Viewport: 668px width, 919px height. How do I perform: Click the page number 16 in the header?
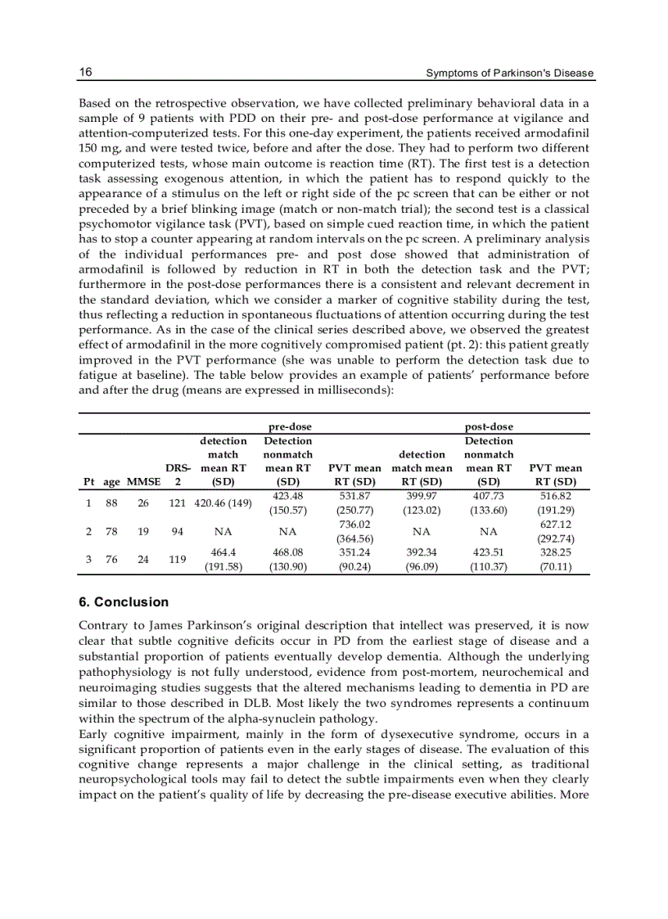point(85,73)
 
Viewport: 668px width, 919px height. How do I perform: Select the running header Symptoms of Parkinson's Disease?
point(510,74)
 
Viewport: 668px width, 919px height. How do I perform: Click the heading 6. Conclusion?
point(124,602)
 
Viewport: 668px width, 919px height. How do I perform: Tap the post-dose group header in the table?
point(489,426)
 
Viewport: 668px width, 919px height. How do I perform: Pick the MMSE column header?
point(143,481)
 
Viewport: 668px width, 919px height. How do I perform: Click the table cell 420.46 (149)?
point(223,502)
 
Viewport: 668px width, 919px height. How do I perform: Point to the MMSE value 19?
point(143,531)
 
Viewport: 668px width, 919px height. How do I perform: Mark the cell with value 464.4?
point(223,552)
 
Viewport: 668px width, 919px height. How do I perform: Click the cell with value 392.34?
point(422,552)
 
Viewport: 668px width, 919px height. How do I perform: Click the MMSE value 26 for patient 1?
point(143,502)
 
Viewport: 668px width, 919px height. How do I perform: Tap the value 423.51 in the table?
point(489,552)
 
